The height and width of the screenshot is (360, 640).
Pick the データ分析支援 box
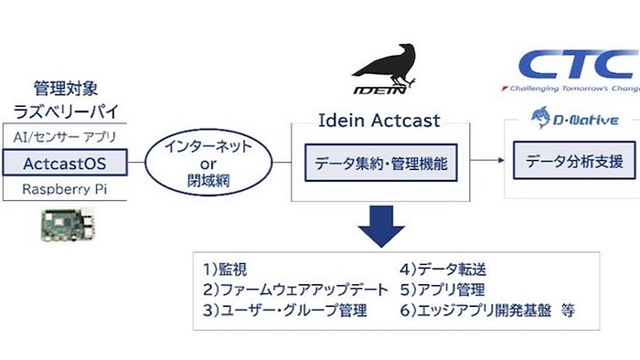(573, 163)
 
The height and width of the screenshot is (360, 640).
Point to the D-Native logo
(571, 115)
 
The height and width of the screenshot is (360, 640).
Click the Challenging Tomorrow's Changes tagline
(569, 90)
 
